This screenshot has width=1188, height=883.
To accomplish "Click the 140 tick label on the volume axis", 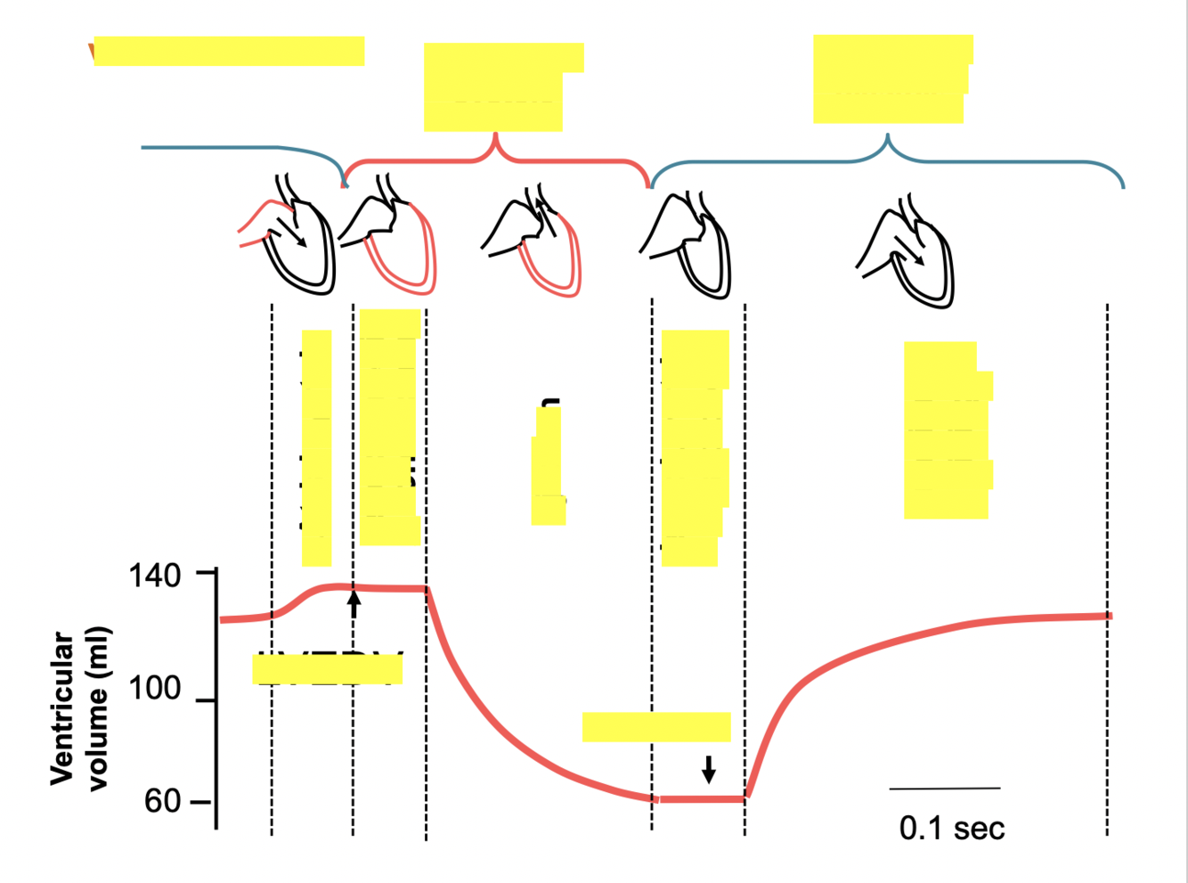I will click(x=154, y=576).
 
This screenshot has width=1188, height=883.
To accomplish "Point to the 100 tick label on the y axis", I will click(x=154, y=689).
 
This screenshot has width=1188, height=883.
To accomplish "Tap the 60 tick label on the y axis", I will click(x=162, y=801).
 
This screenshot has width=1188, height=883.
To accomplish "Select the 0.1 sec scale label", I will click(x=951, y=828).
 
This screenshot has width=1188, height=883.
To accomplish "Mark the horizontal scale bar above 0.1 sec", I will click(x=944, y=789).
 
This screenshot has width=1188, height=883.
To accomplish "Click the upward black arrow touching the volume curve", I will click(x=354, y=603).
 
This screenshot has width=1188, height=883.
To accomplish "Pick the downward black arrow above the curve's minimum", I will click(x=708, y=768).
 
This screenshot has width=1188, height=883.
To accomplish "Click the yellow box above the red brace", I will click(x=499, y=87).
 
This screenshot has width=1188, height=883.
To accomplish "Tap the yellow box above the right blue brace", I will click(x=891, y=79).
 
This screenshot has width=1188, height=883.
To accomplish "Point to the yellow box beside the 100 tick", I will click(x=327, y=668).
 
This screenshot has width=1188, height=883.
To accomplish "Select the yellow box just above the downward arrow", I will click(x=656, y=727).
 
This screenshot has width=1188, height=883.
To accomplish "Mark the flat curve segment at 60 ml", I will click(x=700, y=799).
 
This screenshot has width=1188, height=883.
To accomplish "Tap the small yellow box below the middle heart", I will click(x=548, y=465).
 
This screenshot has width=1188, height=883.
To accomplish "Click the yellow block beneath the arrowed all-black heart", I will click(x=947, y=430).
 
